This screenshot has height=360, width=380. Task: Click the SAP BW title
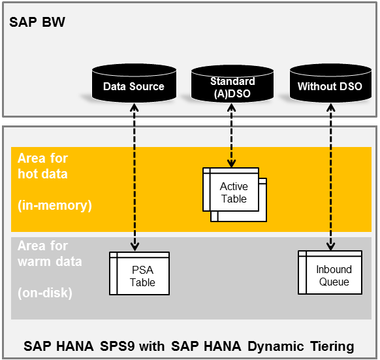point(37,23)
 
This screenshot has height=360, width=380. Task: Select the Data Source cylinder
point(134,85)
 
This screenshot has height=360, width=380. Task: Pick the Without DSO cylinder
point(330,85)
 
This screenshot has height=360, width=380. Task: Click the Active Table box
point(233,193)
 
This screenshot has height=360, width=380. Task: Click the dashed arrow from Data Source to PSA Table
point(134,176)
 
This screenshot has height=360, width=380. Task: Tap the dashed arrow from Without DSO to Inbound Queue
point(330,176)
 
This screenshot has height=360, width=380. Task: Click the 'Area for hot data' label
point(42,166)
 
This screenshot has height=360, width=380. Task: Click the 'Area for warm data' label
point(50,254)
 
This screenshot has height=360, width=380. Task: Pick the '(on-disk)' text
point(45,293)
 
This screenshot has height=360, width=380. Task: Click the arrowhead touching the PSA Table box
point(134,246)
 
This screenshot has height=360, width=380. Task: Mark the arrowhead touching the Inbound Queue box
point(330,246)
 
